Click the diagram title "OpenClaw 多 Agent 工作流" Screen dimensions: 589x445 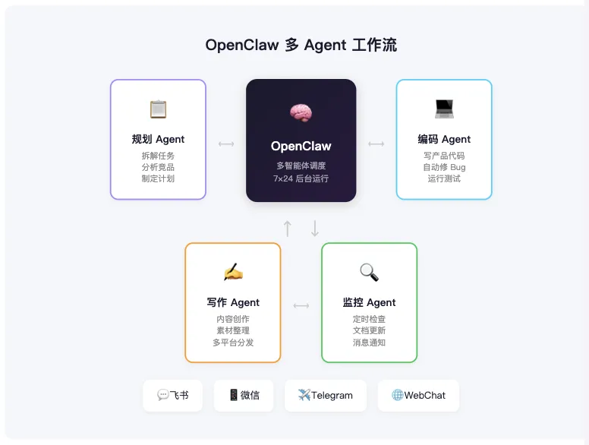pos(301,45)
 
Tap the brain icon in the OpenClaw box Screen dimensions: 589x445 pos(301,113)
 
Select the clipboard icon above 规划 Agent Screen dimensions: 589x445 pos(158,109)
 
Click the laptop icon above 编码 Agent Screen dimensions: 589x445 pos(444,109)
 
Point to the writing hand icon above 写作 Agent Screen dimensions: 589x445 pos(233,272)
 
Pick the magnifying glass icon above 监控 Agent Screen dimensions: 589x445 pos(369,272)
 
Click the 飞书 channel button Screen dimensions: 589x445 pos(173,396)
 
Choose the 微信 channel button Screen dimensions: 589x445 pos(244,396)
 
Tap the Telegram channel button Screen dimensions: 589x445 pos(325,396)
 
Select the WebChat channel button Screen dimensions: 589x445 pos(418,396)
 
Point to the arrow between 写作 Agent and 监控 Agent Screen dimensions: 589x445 pos(301,306)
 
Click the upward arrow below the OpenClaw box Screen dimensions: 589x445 pos(288,228)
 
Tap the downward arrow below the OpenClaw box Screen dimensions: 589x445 pos(315,228)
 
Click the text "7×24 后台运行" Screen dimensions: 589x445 pos(301,179)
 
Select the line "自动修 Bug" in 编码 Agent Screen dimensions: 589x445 pos(444,167)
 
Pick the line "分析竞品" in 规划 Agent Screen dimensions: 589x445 pos(158,167)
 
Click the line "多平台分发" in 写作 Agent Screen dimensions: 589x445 pos(233,342)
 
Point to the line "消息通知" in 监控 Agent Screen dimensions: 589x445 pos(369,342)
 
